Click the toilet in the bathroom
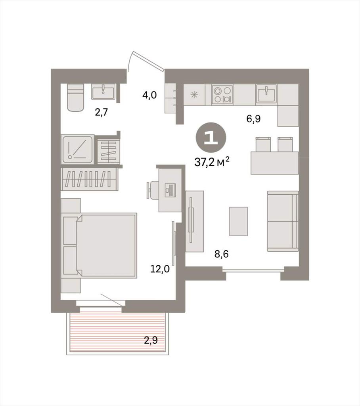[75, 98]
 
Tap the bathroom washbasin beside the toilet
[103, 92]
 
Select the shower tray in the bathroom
[78, 149]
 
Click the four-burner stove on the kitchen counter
[222, 94]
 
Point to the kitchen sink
[266, 94]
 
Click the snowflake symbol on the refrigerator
[194, 95]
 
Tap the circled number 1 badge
[211, 137]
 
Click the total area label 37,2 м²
[212, 162]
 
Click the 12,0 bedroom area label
[160, 269]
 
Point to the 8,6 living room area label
[222, 254]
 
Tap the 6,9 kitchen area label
[253, 119]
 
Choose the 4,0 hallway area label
[149, 95]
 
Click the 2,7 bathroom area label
[101, 113]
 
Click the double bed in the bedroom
[100, 245]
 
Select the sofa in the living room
[283, 221]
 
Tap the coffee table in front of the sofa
[238, 221]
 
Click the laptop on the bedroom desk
[170, 190]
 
